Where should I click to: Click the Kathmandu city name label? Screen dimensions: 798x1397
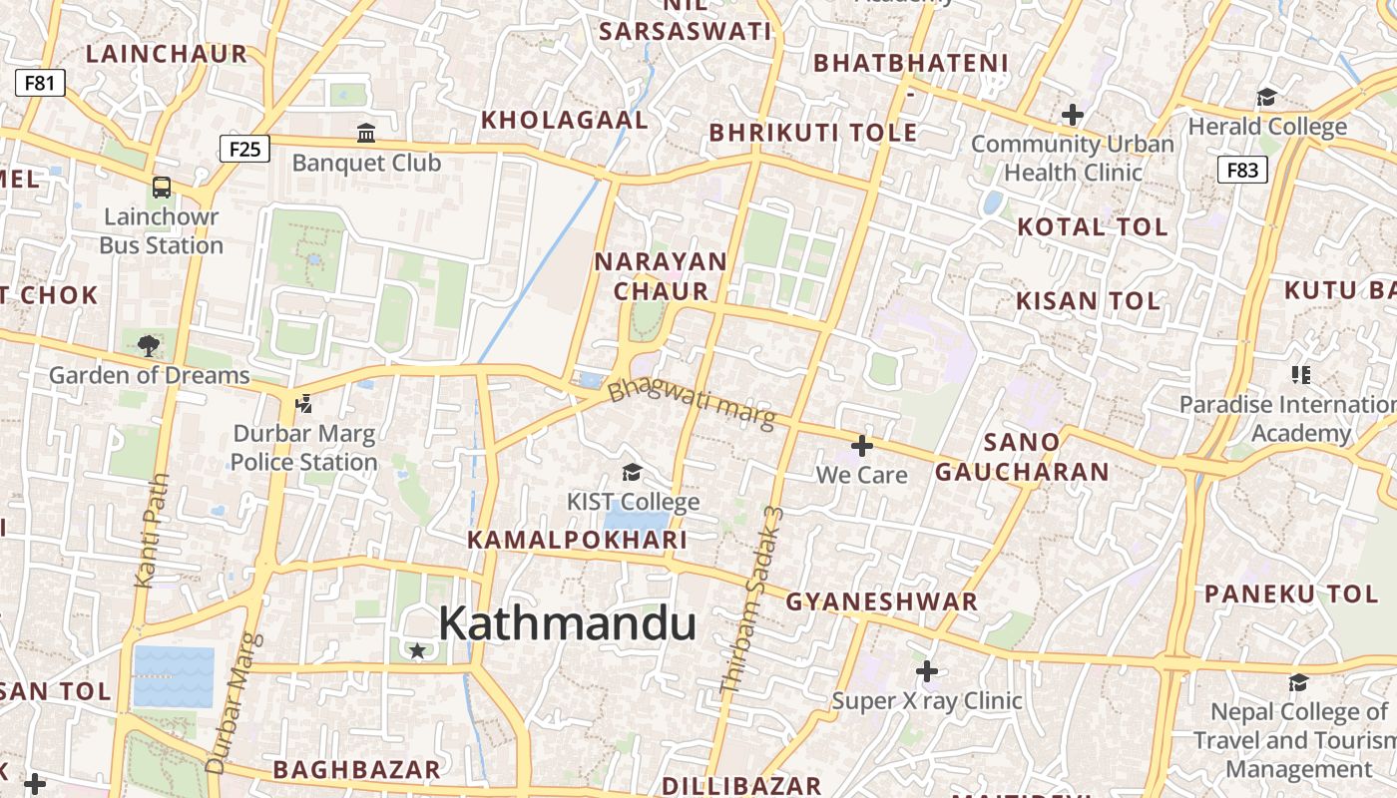[x=567, y=624]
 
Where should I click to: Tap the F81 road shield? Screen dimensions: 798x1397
[x=40, y=83]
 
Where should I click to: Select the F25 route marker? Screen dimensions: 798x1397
[x=244, y=150]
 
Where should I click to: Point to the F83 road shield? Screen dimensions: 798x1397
[x=1242, y=170]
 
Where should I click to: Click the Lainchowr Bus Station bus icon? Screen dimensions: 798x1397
[x=161, y=187]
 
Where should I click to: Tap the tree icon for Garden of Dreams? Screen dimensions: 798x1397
[x=149, y=346]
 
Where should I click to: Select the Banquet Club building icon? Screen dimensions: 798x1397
[x=366, y=133]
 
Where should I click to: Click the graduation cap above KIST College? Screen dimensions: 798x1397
[x=632, y=472]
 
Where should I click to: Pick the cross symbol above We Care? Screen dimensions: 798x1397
[x=862, y=446]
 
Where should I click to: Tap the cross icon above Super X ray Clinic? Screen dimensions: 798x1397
[x=927, y=671]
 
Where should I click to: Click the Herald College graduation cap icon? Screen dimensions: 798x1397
[x=1266, y=97]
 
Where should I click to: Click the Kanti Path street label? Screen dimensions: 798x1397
[x=152, y=530]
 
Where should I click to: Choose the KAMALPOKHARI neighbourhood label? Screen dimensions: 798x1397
[x=578, y=541]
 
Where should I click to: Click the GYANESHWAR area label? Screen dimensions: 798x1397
[x=881, y=602]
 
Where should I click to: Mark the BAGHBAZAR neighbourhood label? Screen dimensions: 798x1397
[x=356, y=769]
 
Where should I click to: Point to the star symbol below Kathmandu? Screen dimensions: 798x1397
[x=417, y=651]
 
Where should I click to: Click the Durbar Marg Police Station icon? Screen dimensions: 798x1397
[x=303, y=404]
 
